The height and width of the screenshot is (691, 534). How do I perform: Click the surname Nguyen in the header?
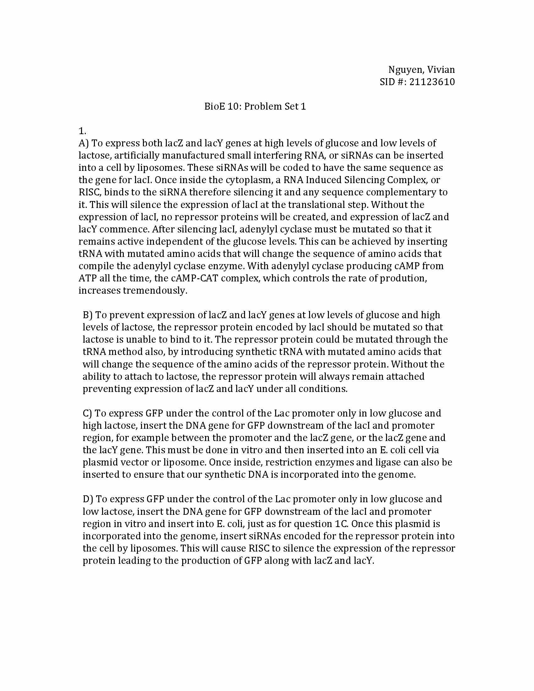[403, 70]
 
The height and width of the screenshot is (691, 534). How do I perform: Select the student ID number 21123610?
[432, 82]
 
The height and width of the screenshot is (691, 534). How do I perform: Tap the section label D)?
[88, 499]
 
